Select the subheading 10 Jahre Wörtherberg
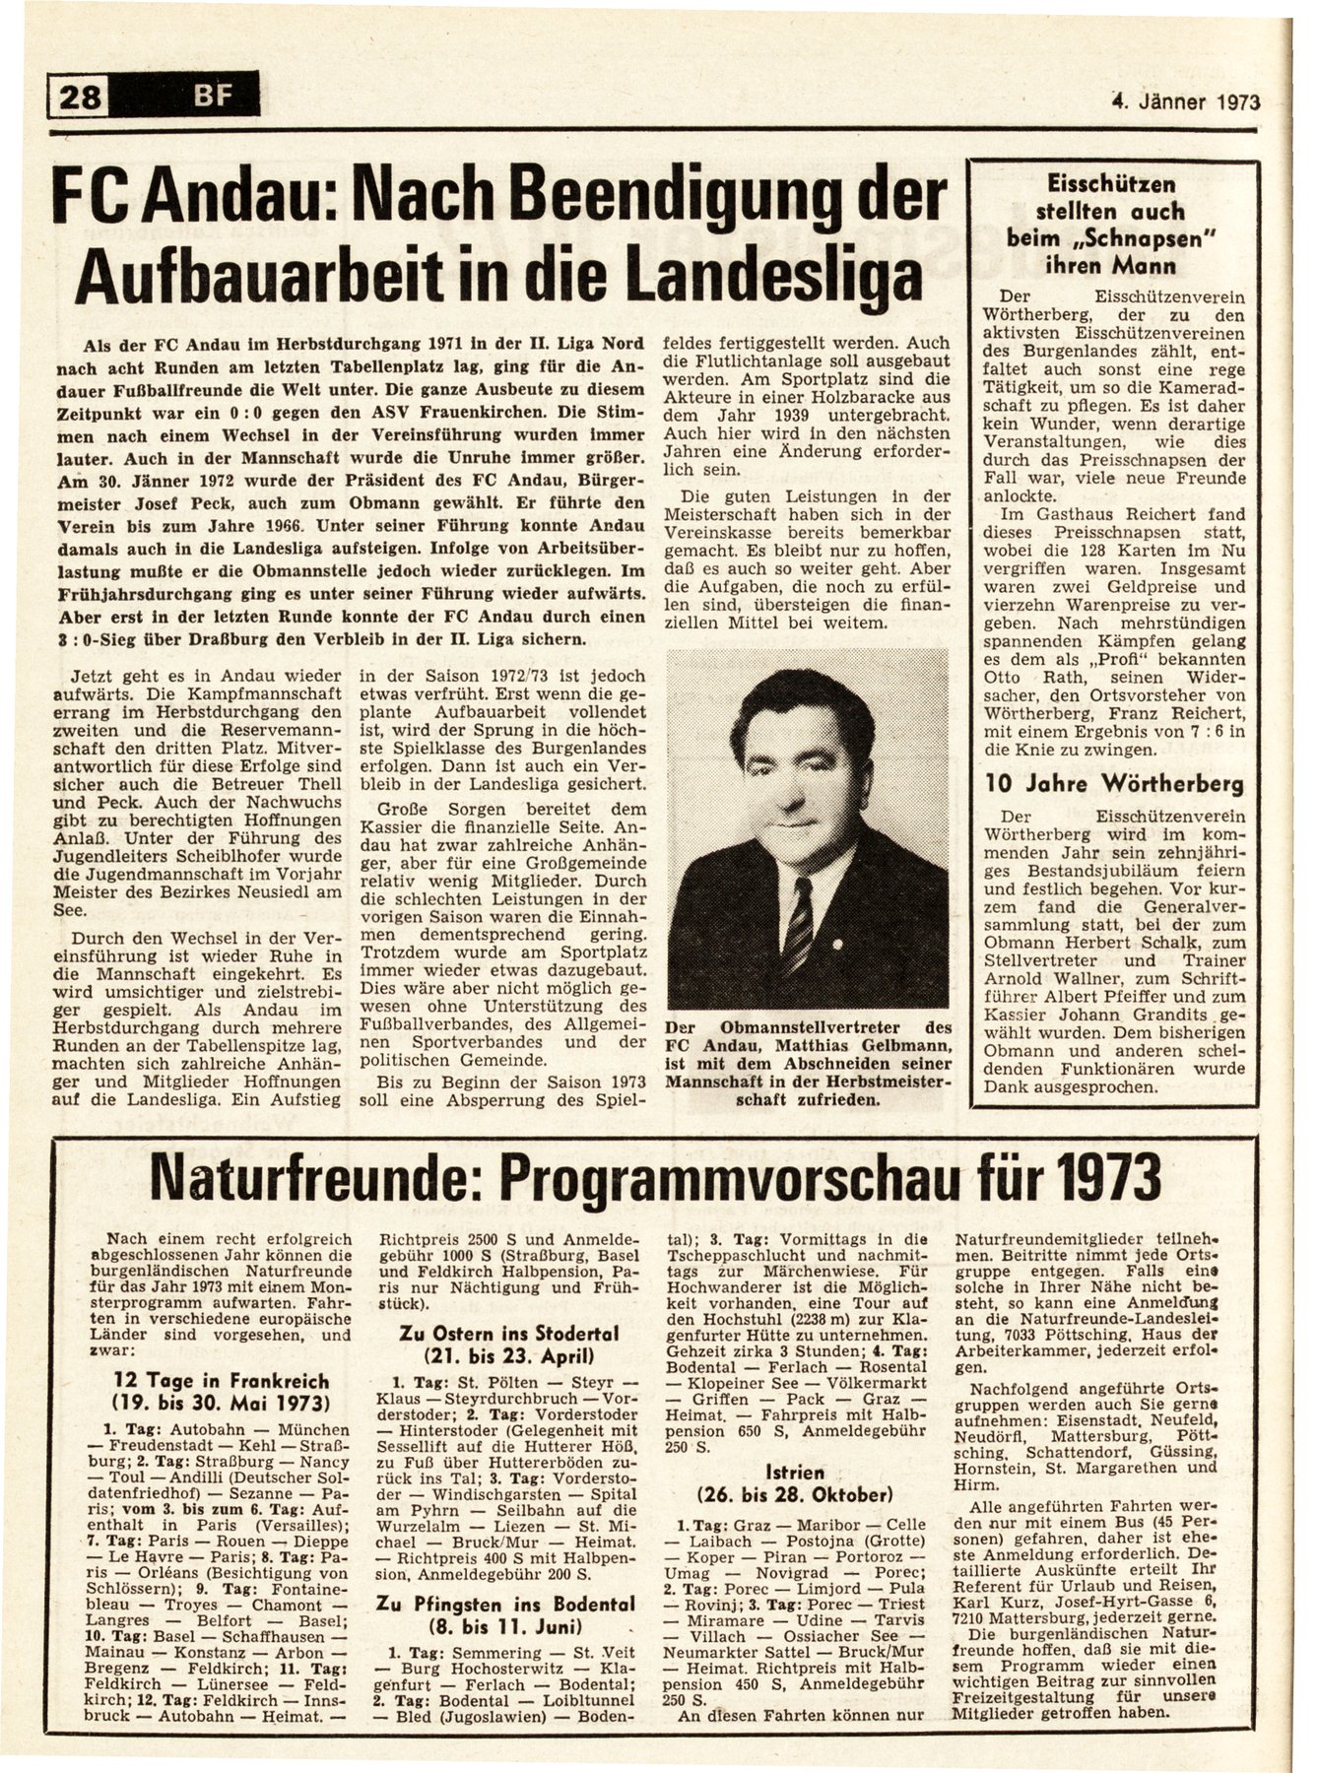pyautogui.click(x=1115, y=786)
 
